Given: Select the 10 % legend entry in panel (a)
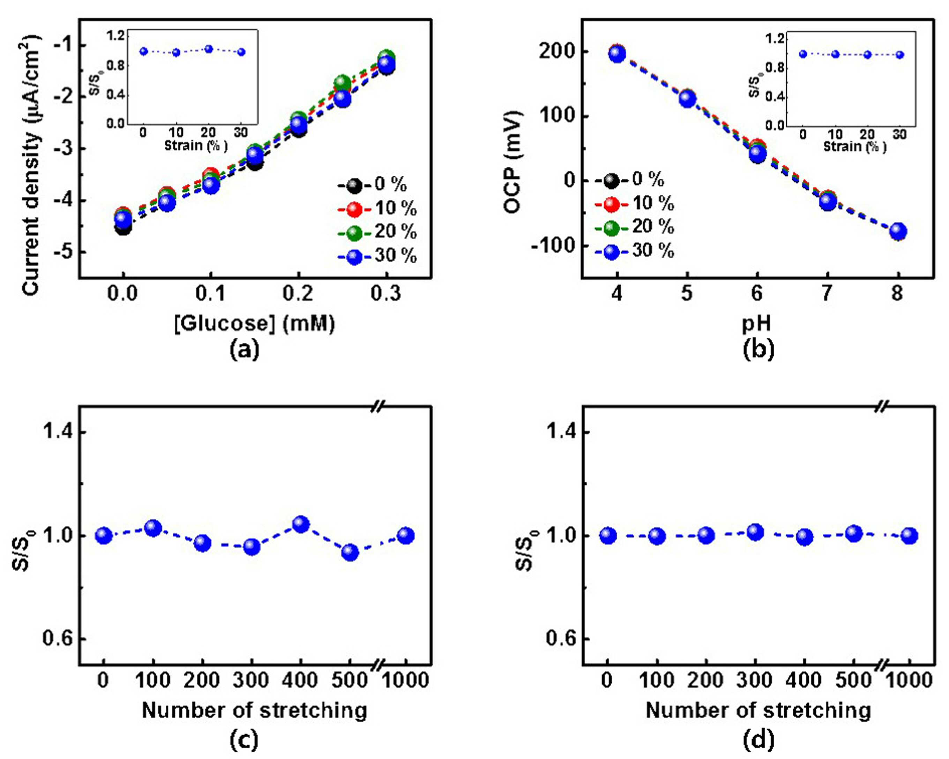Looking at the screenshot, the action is coord(378,209).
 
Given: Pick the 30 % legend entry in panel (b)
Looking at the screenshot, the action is coord(635,251).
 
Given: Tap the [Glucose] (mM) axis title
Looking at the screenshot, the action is coord(255,323).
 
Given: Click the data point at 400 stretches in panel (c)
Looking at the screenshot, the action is coord(301,524).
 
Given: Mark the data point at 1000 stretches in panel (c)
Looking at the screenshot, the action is coord(405,535).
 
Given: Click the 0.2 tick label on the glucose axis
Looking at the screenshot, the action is coord(298,293).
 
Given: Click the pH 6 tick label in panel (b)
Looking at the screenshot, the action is coord(757,293).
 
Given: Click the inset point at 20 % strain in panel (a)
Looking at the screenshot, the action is coord(209,49).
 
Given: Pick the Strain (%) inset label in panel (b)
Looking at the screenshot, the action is coord(855,146).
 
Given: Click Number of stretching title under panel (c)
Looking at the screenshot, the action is coord(254,710).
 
